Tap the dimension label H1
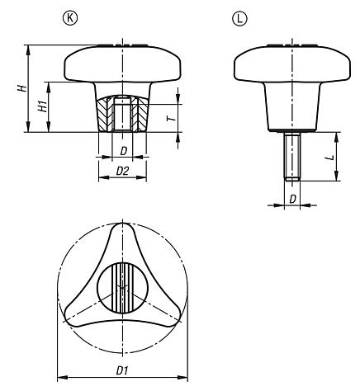[42, 106]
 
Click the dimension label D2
[122, 172]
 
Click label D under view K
[122, 151]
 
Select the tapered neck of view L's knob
[291, 107]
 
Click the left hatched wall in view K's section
[105, 115]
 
